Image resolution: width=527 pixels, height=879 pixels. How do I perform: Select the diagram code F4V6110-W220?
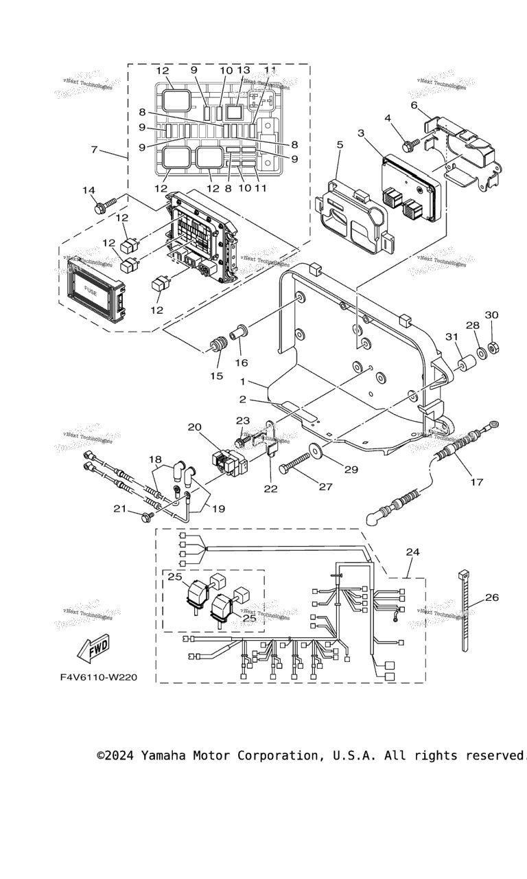click(98, 677)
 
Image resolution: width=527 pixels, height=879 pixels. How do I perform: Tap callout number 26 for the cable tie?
click(492, 597)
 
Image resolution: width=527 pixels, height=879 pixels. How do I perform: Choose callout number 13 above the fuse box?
click(244, 70)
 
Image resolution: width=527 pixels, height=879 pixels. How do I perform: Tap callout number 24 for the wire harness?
click(412, 551)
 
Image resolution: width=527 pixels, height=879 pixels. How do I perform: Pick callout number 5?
click(339, 145)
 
